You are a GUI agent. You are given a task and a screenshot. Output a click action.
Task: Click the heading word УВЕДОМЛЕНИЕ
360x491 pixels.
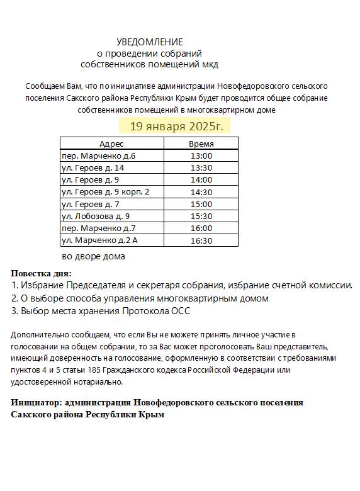click(150, 42)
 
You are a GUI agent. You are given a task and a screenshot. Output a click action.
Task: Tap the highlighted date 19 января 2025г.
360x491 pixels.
click(176, 126)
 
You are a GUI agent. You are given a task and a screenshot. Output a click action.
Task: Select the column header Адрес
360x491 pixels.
click(111, 144)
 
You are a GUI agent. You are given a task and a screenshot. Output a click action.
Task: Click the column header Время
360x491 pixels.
click(201, 144)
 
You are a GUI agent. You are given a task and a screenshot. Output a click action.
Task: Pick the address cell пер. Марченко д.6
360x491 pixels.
click(98, 155)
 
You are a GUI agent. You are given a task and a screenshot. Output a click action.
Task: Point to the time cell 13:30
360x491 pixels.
click(201, 167)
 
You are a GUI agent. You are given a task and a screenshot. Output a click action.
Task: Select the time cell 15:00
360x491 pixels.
click(201, 204)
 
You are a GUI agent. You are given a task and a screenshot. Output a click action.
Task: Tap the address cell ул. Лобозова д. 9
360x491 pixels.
click(96, 216)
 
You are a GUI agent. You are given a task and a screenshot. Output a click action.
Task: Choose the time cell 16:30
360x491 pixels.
click(201, 240)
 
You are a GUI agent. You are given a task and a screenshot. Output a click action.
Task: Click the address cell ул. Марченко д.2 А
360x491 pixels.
click(99, 240)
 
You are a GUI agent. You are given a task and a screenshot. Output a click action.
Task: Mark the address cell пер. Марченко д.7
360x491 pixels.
click(98, 228)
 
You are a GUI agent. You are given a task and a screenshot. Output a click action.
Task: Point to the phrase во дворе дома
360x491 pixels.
click(93, 256)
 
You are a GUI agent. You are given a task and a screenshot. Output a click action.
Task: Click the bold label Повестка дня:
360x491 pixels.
click(42, 273)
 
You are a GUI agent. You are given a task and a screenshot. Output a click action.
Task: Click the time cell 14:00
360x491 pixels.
click(201, 179)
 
